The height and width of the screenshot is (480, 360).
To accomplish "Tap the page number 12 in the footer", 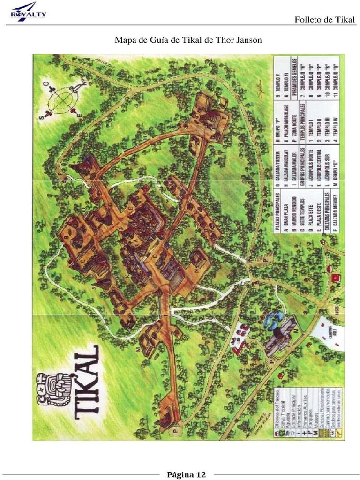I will (x=201, y=474).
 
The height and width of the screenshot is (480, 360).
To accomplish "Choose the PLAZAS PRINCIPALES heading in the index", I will (x=278, y=211).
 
